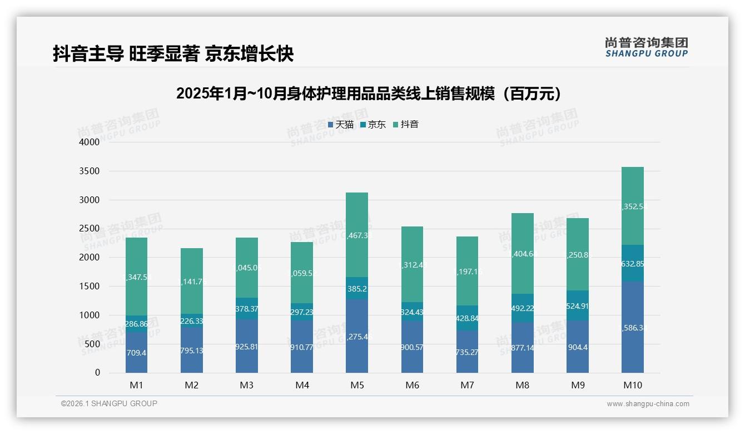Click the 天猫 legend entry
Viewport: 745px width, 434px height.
pyautogui.click(x=341, y=125)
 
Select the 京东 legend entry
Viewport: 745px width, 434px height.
pyautogui.click(x=373, y=125)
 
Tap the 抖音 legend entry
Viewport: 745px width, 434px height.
pyautogui.click(x=406, y=125)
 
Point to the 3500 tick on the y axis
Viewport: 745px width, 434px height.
pyautogui.click(x=89, y=171)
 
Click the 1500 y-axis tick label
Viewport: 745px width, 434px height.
pyautogui.click(x=89, y=286)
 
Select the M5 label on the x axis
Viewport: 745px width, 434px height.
pyautogui.click(x=357, y=385)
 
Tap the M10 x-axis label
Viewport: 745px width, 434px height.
pyautogui.click(x=633, y=385)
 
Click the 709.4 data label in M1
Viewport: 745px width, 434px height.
pyautogui.click(x=136, y=353)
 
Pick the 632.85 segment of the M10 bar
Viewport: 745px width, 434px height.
pyautogui.click(x=633, y=264)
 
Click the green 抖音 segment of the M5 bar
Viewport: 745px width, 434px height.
pyautogui.click(x=357, y=235)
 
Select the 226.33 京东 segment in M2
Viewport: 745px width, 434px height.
pyautogui.click(x=191, y=321)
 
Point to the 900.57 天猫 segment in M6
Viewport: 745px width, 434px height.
pyautogui.click(x=412, y=347)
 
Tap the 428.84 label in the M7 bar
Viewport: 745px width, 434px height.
pyautogui.click(x=467, y=318)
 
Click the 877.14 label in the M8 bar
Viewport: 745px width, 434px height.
pyautogui.click(x=523, y=348)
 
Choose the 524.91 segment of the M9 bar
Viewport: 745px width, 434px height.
pyautogui.click(x=578, y=305)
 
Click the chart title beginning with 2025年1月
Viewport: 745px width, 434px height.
pyautogui.click(x=368, y=93)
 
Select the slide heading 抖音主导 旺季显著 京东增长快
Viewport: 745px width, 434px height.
pyautogui.click(x=173, y=54)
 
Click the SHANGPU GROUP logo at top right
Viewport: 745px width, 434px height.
pyautogui.click(x=646, y=47)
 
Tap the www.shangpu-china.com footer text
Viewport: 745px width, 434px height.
pyautogui.click(x=648, y=404)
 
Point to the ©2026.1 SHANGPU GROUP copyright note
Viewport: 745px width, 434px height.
pyautogui.click(x=109, y=403)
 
